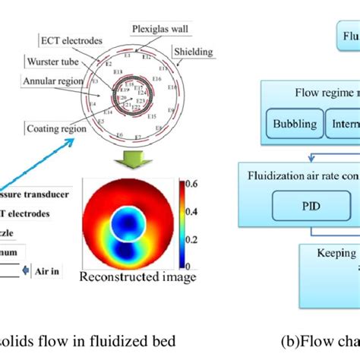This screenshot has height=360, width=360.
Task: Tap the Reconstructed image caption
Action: pyautogui.click(x=137, y=278)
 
